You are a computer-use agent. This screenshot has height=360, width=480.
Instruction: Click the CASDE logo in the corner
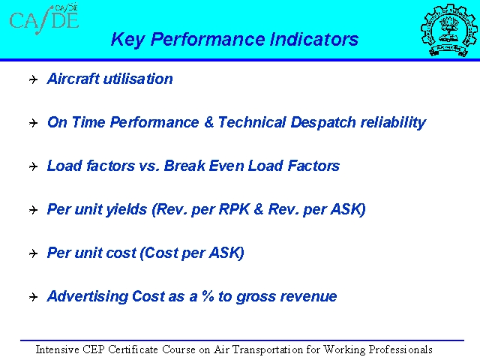(44, 19)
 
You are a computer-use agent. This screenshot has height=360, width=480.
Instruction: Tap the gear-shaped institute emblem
(449, 30)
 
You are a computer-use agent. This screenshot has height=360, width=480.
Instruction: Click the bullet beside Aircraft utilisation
(33, 79)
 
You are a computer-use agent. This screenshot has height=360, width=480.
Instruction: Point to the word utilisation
(138, 79)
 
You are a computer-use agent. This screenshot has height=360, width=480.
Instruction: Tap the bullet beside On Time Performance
(33, 123)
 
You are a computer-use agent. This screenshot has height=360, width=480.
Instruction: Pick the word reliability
(393, 123)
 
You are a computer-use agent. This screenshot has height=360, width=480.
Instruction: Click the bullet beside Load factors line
(33, 166)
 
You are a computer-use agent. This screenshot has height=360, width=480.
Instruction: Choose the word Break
(184, 166)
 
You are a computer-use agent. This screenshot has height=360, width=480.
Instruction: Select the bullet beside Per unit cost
(33, 253)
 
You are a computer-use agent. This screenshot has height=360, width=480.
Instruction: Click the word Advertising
(87, 296)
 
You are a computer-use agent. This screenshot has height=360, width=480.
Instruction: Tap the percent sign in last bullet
(208, 296)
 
